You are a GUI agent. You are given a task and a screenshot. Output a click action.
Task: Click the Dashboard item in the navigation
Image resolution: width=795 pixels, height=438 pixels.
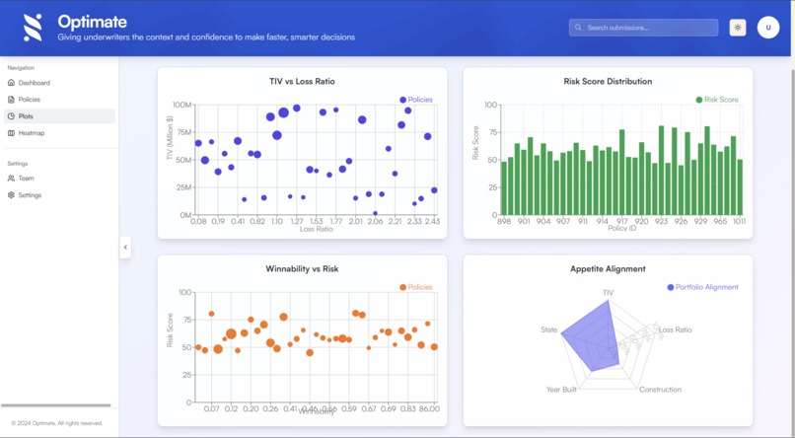[34, 83]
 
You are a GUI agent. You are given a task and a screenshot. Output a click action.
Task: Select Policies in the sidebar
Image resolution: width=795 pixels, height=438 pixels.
[29, 100]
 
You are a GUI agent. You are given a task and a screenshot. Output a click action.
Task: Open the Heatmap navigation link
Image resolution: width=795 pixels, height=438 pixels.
[31, 133]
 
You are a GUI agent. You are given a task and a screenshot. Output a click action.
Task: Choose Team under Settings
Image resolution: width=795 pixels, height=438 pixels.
[26, 179]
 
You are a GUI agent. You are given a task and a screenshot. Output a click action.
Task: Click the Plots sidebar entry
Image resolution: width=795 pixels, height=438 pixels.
[26, 116]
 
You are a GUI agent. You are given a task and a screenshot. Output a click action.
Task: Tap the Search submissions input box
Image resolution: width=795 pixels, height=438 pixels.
[645, 28]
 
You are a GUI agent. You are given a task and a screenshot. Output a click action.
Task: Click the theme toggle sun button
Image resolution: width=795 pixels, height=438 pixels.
[738, 28]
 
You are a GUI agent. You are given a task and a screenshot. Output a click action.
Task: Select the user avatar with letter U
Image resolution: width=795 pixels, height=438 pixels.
[768, 28]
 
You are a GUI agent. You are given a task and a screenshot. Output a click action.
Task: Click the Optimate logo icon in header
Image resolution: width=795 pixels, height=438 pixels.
[33, 28]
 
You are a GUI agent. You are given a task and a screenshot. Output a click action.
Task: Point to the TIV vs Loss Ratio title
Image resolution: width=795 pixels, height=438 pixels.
[302, 81]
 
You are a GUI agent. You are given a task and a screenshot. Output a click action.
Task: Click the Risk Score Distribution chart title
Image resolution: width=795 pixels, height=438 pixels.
[608, 81]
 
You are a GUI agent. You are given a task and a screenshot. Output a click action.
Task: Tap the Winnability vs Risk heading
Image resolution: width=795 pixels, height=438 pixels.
[302, 268]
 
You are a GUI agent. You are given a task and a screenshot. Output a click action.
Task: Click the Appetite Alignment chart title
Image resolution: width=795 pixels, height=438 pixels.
[608, 268]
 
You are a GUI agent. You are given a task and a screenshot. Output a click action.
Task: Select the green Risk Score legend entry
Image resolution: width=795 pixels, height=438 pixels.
[717, 100]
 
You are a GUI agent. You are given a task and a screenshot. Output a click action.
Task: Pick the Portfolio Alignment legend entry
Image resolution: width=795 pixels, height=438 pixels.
[702, 287]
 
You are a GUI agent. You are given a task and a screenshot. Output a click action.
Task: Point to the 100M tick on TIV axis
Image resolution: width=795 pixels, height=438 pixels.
[181, 105]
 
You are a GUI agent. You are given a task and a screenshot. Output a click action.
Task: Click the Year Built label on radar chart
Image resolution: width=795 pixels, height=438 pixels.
[561, 390]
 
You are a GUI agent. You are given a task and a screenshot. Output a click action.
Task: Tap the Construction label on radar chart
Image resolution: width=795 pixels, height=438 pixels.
[660, 390]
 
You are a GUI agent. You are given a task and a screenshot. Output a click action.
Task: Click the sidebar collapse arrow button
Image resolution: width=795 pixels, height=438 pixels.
[125, 248]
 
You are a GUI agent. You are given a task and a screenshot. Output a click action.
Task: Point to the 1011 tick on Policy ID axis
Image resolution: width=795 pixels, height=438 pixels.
[739, 222]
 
